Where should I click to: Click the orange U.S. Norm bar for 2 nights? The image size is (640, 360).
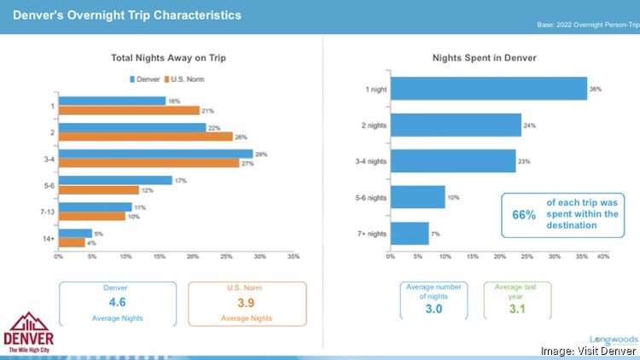(145, 136)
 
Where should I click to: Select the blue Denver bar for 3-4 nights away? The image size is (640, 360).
(155, 154)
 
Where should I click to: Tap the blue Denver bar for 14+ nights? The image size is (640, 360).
(74, 233)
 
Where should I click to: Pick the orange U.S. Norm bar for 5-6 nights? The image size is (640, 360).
(98, 189)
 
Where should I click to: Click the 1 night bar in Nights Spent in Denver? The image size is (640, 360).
(488, 88)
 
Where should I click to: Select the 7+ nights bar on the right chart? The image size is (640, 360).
(409, 233)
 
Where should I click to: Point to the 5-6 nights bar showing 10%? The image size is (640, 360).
(417, 197)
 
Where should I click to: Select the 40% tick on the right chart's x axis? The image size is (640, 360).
(603, 255)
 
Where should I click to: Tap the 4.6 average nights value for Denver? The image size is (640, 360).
(117, 302)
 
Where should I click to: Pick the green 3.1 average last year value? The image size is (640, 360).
(517, 307)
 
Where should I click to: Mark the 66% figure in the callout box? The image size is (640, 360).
(524, 215)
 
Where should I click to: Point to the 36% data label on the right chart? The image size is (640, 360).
(596, 88)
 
